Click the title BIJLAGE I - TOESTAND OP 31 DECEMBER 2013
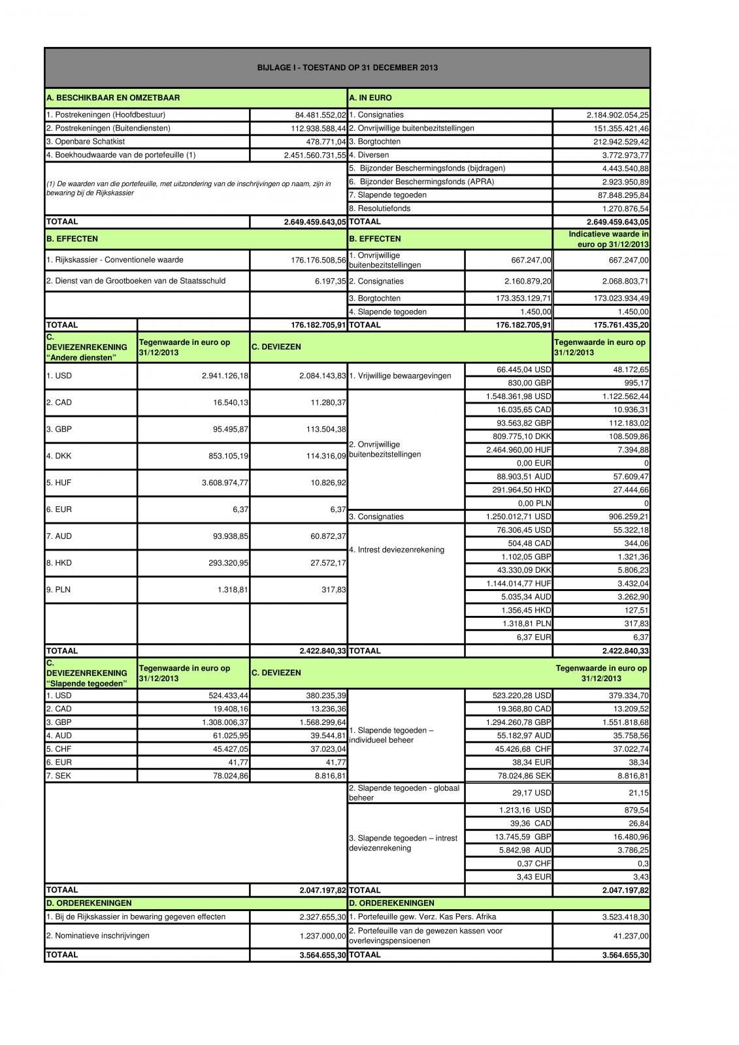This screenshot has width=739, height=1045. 347,67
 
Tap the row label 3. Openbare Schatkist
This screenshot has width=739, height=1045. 86,142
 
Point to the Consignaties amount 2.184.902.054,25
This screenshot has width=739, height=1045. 617,115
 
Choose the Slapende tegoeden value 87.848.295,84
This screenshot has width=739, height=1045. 622,195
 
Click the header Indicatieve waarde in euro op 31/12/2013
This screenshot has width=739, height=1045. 601,239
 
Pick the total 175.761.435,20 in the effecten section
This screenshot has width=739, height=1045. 617,325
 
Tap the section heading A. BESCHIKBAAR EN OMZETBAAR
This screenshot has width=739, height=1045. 113,98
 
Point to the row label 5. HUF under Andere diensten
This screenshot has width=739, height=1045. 59,483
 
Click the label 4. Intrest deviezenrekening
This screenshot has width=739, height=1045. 397,550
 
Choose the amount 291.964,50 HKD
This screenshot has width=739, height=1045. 521,490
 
